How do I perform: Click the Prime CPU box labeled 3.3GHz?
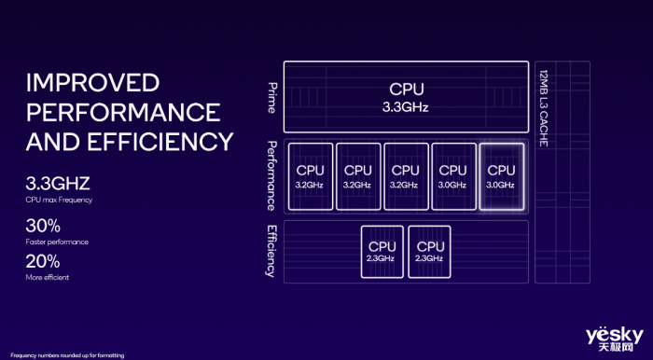click(x=406, y=97)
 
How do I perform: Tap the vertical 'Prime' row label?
click(x=271, y=97)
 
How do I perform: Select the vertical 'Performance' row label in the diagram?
click(x=271, y=175)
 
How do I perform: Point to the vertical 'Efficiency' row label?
click(x=271, y=251)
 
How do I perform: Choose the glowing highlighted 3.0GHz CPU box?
click(x=501, y=176)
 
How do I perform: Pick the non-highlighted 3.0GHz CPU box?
click(x=452, y=176)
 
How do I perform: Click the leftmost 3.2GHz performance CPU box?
click(x=310, y=176)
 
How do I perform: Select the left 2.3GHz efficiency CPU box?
click(x=381, y=251)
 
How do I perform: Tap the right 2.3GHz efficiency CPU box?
click(x=428, y=251)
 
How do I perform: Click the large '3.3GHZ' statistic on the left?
click(x=58, y=184)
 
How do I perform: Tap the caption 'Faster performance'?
click(x=57, y=242)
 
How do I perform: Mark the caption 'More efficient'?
click(x=48, y=277)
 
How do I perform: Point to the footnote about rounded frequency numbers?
click(x=67, y=355)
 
